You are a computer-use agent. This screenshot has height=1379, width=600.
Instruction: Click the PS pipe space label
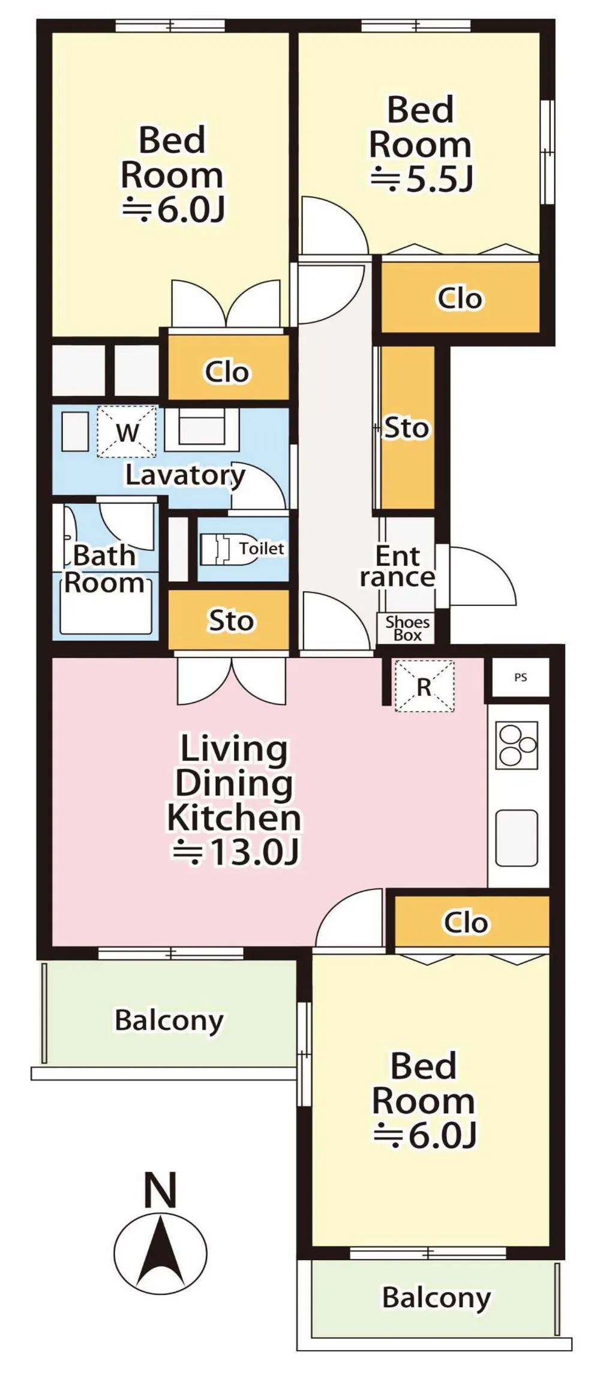point(520,677)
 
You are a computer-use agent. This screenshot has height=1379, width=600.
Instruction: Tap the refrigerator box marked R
point(424,686)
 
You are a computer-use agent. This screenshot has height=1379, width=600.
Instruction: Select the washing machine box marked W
point(127,432)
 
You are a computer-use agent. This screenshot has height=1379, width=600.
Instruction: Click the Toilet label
point(262,548)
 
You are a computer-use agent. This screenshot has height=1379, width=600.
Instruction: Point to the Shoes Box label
point(407,628)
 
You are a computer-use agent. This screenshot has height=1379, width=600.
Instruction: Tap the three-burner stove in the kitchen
point(517,745)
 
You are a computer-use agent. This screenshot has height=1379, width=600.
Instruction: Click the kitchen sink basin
point(517,838)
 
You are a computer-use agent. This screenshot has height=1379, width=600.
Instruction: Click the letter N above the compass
point(160,1190)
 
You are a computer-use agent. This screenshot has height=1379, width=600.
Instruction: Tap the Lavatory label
point(185,475)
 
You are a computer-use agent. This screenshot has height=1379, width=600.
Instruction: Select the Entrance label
point(397,566)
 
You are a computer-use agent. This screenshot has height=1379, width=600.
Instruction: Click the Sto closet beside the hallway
point(407,428)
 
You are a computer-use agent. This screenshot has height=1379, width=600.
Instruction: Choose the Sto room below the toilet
point(229,620)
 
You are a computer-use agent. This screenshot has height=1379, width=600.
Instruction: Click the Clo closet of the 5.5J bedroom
point(460,298)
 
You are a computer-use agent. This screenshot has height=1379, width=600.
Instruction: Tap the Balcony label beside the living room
point(169,1021)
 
